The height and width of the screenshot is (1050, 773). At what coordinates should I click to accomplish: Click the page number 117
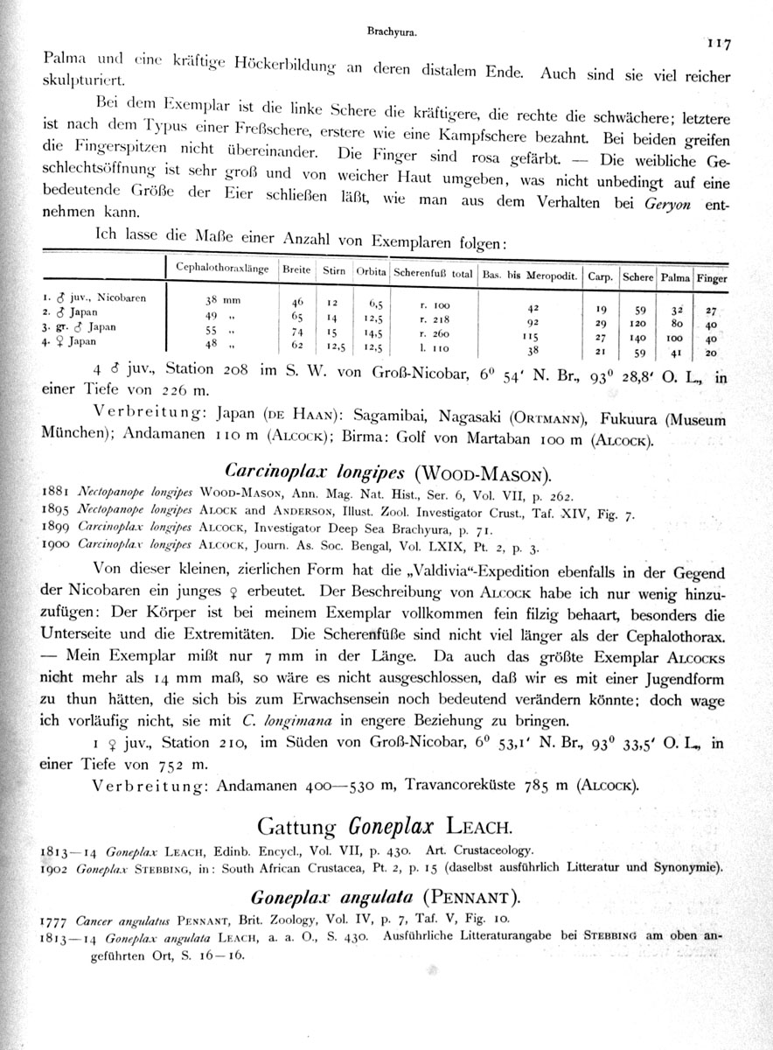[720, 42]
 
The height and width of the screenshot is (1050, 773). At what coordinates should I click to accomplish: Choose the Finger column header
[713, 277]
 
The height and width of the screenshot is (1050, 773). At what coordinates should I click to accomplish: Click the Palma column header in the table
[674, 277]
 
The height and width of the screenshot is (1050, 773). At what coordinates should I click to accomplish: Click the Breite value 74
[297, 333]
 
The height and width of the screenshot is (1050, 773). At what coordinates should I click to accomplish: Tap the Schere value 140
[638, 337]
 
